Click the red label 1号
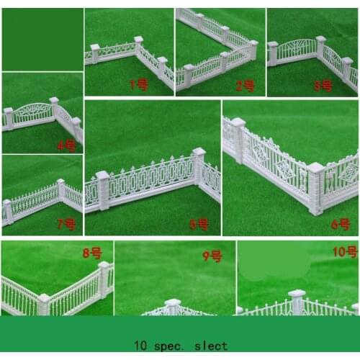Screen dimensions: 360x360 coord(138,84)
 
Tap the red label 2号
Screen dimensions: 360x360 coord(245,86)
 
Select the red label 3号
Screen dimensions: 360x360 coord(323,86)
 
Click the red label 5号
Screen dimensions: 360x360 coord(199,225)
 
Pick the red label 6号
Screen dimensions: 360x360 coord(340,225)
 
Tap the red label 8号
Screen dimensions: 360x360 coord(91,253)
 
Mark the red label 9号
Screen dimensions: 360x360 coord(212,255)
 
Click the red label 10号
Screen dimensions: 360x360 coord(344,251)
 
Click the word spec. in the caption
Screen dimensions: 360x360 coord(173,346)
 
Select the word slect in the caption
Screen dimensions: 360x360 coord(212,346)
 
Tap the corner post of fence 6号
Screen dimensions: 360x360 coord(315,189)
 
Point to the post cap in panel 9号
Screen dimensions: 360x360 coord(172,303)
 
